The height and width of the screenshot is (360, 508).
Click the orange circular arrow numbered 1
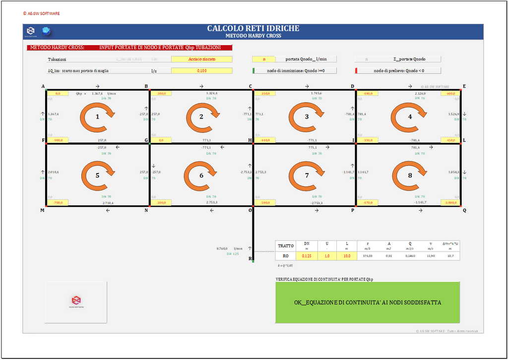[x=97, y=117]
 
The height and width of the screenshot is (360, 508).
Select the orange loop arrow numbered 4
[x=410, y=117]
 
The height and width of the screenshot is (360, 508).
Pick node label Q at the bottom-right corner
[x=464, y=210]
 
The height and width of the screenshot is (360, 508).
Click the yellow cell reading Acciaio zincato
[x=201, y=59]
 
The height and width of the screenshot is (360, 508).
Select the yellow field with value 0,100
[x=201, y=71]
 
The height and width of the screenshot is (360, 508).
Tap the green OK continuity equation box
[x=368, y=302]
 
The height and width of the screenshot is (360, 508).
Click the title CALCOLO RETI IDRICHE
[x=253, y=29]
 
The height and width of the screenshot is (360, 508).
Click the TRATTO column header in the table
[x=286, y=245]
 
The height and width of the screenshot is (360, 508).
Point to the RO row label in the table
[x=286, y=256]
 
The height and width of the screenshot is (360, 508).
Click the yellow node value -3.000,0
[x=451, y=203]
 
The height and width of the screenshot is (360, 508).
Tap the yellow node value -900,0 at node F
[x=59, y=140]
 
